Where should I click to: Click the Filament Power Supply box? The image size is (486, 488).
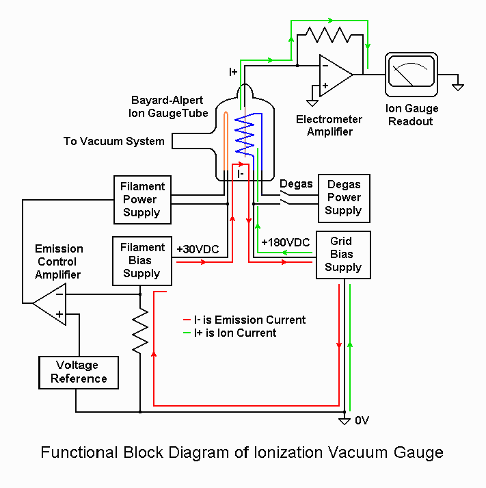click(143, 199)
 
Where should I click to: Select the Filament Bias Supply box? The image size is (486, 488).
click(142, 261)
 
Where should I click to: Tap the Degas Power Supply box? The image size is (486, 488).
click(343, 197)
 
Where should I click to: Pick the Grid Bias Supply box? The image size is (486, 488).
click(343, 255)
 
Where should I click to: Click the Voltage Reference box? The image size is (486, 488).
click(79, 372)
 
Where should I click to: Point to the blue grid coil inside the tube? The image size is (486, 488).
click(245, 134)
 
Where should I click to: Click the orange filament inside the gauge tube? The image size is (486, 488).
click(226, 141)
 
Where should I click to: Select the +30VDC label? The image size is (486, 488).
click(198, 249)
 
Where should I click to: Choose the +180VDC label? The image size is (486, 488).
click(286, 242)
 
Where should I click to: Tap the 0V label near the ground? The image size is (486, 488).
click(362, 420)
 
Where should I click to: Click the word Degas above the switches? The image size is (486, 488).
click(296, 183)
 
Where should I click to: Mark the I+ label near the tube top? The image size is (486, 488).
click(234, 70)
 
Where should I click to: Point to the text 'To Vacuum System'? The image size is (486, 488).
click(114, 141)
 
